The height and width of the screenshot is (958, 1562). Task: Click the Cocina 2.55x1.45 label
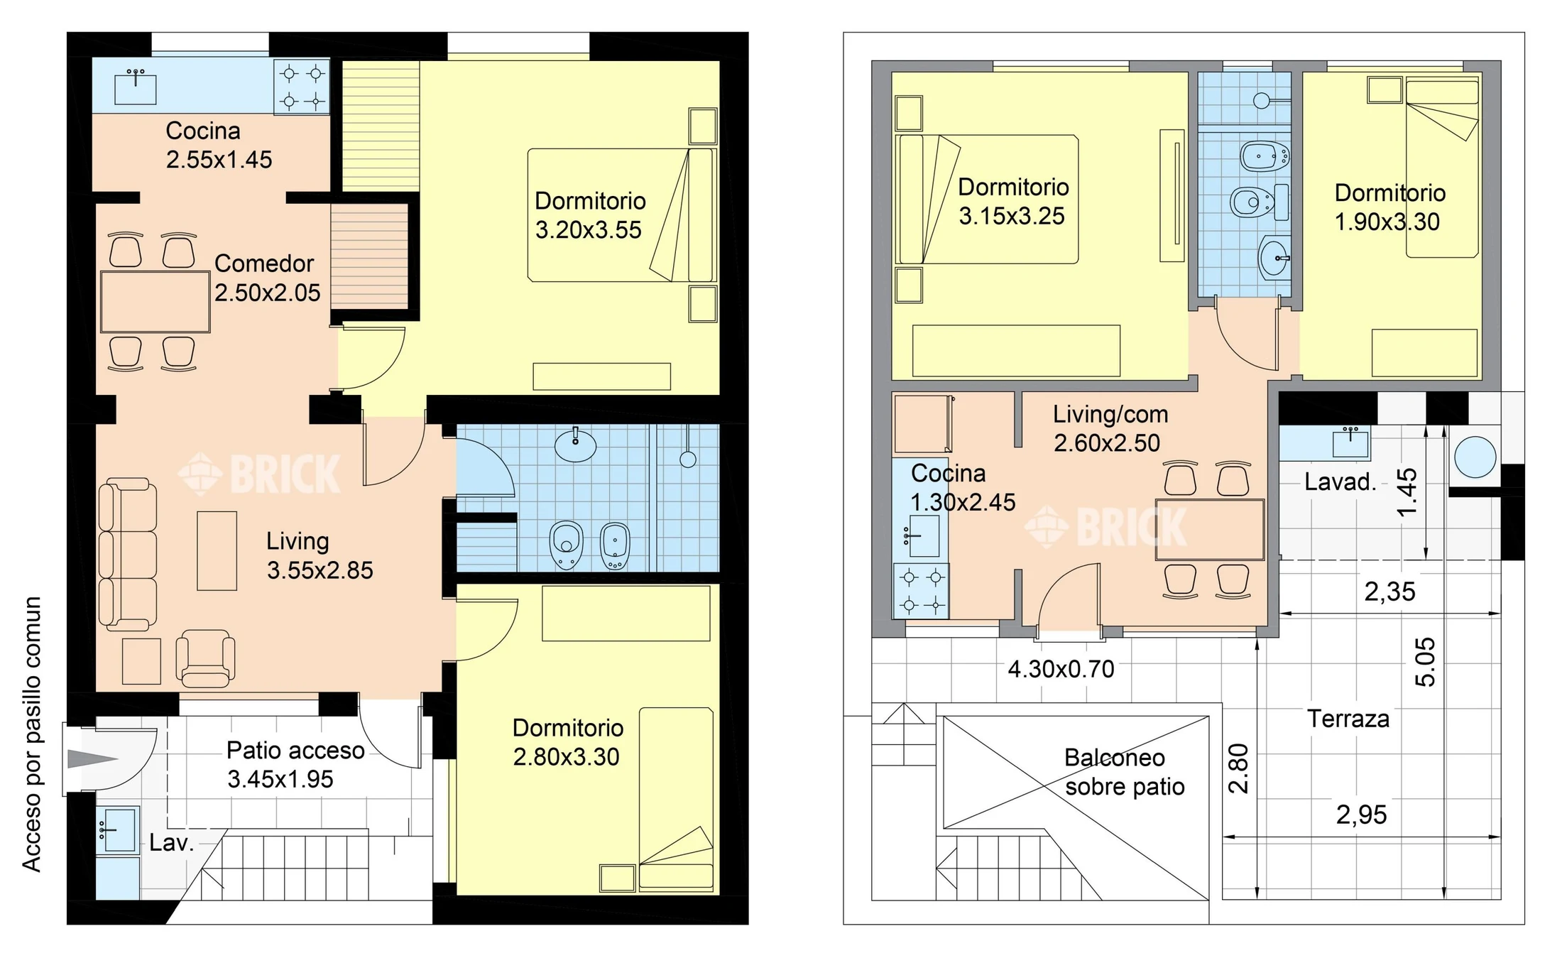point(219,145)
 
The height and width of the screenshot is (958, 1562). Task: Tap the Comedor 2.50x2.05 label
point(267,278)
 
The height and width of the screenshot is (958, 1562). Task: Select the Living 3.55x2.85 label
point(319,555)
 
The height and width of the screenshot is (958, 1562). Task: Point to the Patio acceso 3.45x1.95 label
point(295,764)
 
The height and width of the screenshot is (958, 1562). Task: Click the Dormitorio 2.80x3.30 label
point(568,742)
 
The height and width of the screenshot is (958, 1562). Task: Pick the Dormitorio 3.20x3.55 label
point(590,215)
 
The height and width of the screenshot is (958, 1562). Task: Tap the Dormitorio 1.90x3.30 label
point(1389,207)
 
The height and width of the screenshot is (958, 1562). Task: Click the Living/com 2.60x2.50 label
point(1110,428)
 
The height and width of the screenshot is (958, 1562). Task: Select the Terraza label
point(1348,719)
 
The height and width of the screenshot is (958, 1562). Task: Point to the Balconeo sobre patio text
point(1124,772)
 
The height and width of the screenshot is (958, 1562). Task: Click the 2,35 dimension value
point(1389,592)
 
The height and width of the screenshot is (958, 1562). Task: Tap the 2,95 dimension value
point(1361,815)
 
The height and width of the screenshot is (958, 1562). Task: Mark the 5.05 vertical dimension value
point(1425,662)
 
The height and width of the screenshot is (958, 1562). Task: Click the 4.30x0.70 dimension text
point(1061,669)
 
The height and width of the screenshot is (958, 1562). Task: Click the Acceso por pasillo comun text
point(32,734)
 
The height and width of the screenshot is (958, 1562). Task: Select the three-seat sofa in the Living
point(127,554)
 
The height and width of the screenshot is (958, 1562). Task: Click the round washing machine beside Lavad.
point(1475,457)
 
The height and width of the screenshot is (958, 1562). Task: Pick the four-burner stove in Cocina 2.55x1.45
point(302,87)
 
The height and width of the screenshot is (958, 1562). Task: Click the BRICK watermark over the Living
point(259,474)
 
